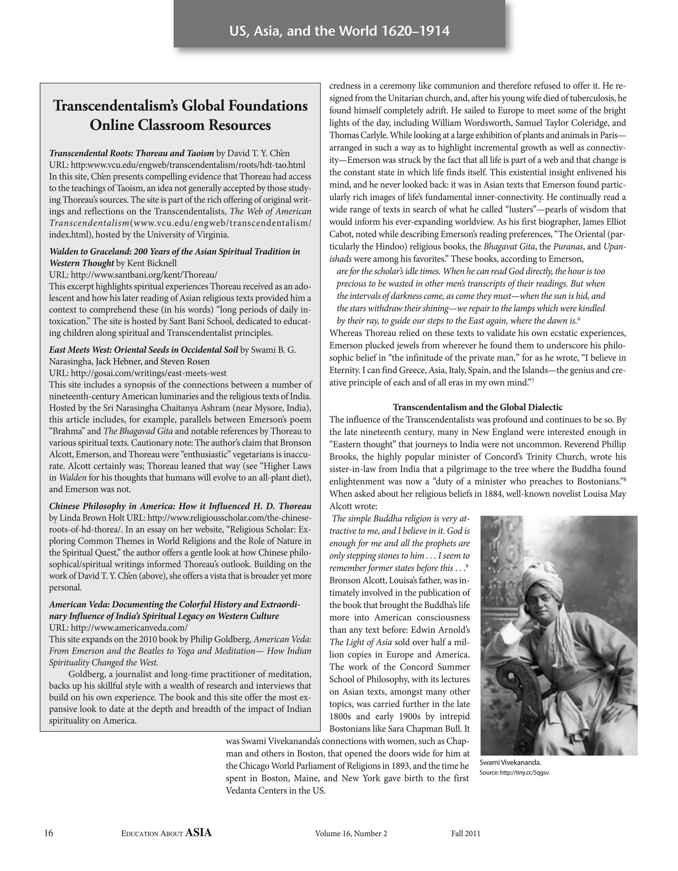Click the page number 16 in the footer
click(48, 833)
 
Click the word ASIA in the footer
click(198, 833)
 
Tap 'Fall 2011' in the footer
click(465, 834)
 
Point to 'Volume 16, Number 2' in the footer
click(351, 834)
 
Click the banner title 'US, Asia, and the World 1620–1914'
click(339, 31)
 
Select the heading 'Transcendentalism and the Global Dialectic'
click(478, 407)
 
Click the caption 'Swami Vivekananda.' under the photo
click(510, 762)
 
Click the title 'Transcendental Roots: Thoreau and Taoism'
click(132, 153)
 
